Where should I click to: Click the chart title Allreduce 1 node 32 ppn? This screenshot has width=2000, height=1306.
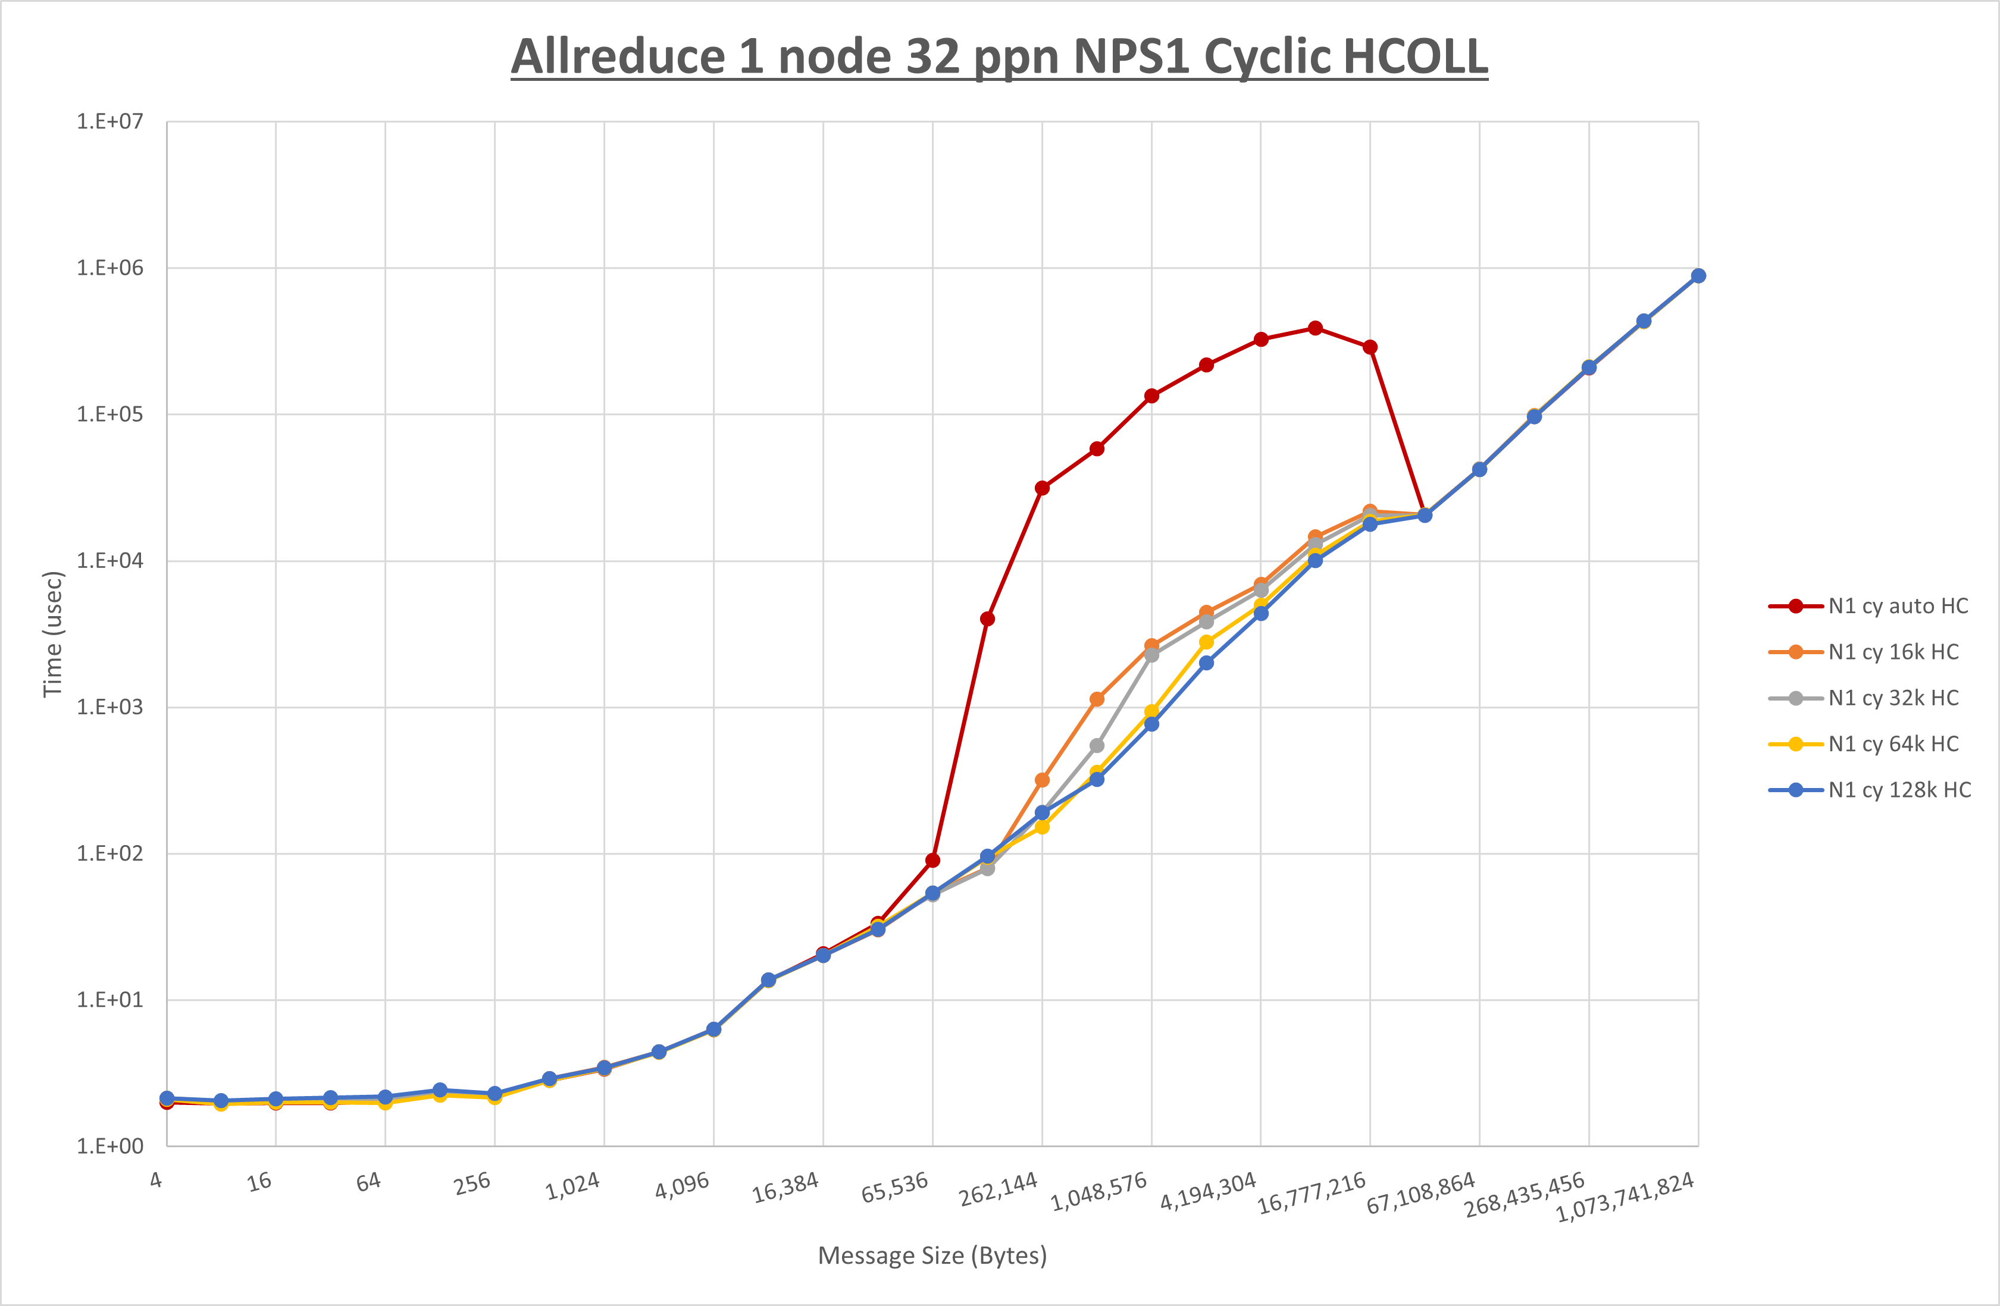[999, 57]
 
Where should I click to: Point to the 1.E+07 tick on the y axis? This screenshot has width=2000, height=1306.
[110, 122]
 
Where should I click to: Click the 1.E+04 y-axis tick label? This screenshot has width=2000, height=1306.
[110, 560]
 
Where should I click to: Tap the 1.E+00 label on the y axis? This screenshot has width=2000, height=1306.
[110, 1147]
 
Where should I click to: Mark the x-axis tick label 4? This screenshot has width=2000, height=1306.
[157, 1180]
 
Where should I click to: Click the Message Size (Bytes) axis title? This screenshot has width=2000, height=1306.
[932, 1255]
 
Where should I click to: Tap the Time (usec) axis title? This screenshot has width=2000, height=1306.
[53, 634]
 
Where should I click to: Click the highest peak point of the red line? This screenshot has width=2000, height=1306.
[1315, 328]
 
